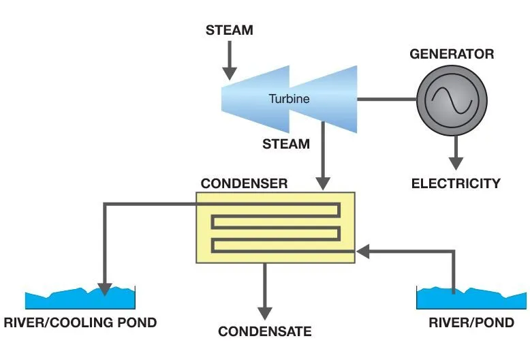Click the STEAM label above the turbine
[x=229, y=31]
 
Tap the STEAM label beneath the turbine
[x=286, y=144]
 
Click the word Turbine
[x=289, y=99]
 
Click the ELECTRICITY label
[x=456, y=183]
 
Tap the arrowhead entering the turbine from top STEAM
[x=230, y=72]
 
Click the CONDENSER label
[x=244, y=184]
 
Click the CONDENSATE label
[x=264, y=332]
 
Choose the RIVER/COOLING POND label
[x=80, y=322]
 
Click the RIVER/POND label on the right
[x=471, y=322]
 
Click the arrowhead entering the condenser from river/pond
[x=363, y=252]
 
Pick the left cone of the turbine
[x=252, y=99]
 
